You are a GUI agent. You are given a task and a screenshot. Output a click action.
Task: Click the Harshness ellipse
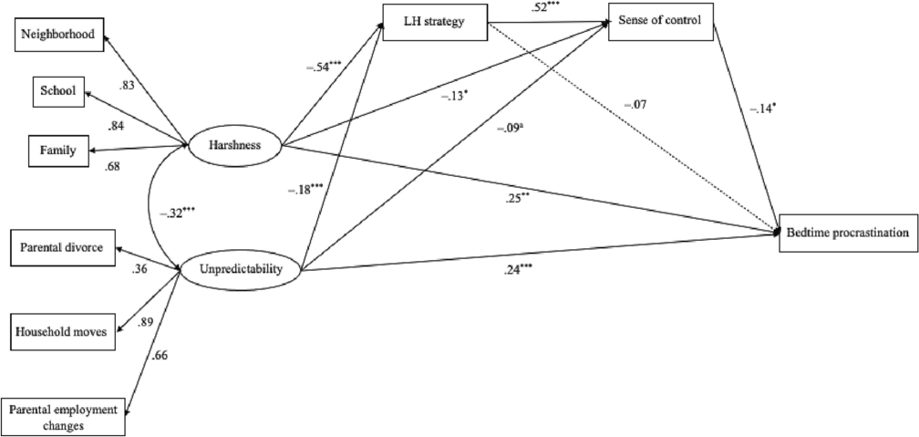pyautogui.click(x=233, y=145)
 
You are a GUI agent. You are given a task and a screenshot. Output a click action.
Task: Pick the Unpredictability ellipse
pyautogui.click(x=243, y=270)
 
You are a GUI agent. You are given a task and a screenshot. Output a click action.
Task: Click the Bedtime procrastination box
pyautogui.click(x=849, y=234)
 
